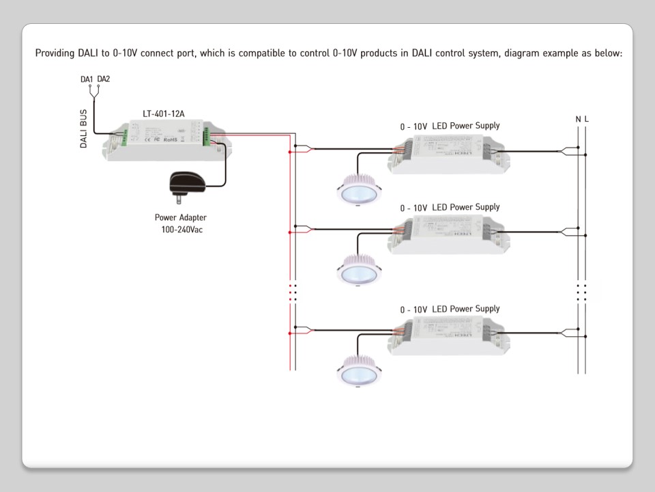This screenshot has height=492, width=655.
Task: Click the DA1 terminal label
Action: [87, 79]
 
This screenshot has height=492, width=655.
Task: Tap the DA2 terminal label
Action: [104, 79]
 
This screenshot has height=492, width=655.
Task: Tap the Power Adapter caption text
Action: [180, 218]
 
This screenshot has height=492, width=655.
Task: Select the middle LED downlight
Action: [357, 269]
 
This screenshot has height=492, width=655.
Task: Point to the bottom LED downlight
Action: [357, 370]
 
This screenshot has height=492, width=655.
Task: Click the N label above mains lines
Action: [578, 120]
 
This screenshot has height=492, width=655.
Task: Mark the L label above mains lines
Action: [586, 120]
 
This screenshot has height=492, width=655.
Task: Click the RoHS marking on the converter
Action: [171, 139]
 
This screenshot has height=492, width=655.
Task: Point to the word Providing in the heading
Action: [55, 53]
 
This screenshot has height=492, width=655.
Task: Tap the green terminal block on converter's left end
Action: [125, 139]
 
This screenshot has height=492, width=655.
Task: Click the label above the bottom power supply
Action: [450, 310]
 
